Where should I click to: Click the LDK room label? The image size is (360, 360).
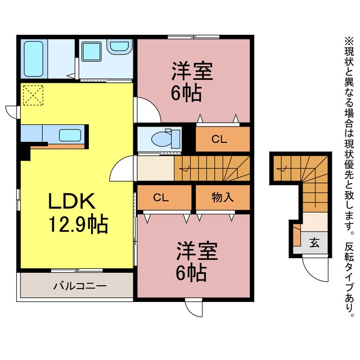click(x=71, y=201)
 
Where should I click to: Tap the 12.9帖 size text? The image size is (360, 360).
click(x=78, y=224)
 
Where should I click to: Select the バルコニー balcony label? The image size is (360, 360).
click(x=80, y=286)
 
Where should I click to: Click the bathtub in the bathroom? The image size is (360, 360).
click(x=34, y=58)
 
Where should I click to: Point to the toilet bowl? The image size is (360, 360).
click(x=163, y=138)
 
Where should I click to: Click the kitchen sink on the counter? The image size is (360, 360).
click(x=70, y=135)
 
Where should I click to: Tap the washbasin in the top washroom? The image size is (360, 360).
click(x=119, y=47)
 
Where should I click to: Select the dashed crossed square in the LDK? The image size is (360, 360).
click(x=33, y=95)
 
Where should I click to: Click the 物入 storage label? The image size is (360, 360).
click(x=223, y=197)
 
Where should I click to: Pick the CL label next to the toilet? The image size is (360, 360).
click(x=219, y=139)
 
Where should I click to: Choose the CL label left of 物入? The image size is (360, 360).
click(x=161, y=197)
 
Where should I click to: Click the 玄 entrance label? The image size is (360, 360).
click(x=314, y=242)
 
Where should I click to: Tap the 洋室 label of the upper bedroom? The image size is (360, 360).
click(x=192, y=71)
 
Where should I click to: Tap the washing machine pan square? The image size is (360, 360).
click(x=92, y=51)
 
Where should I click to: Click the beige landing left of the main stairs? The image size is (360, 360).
click(x=156, y=168)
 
